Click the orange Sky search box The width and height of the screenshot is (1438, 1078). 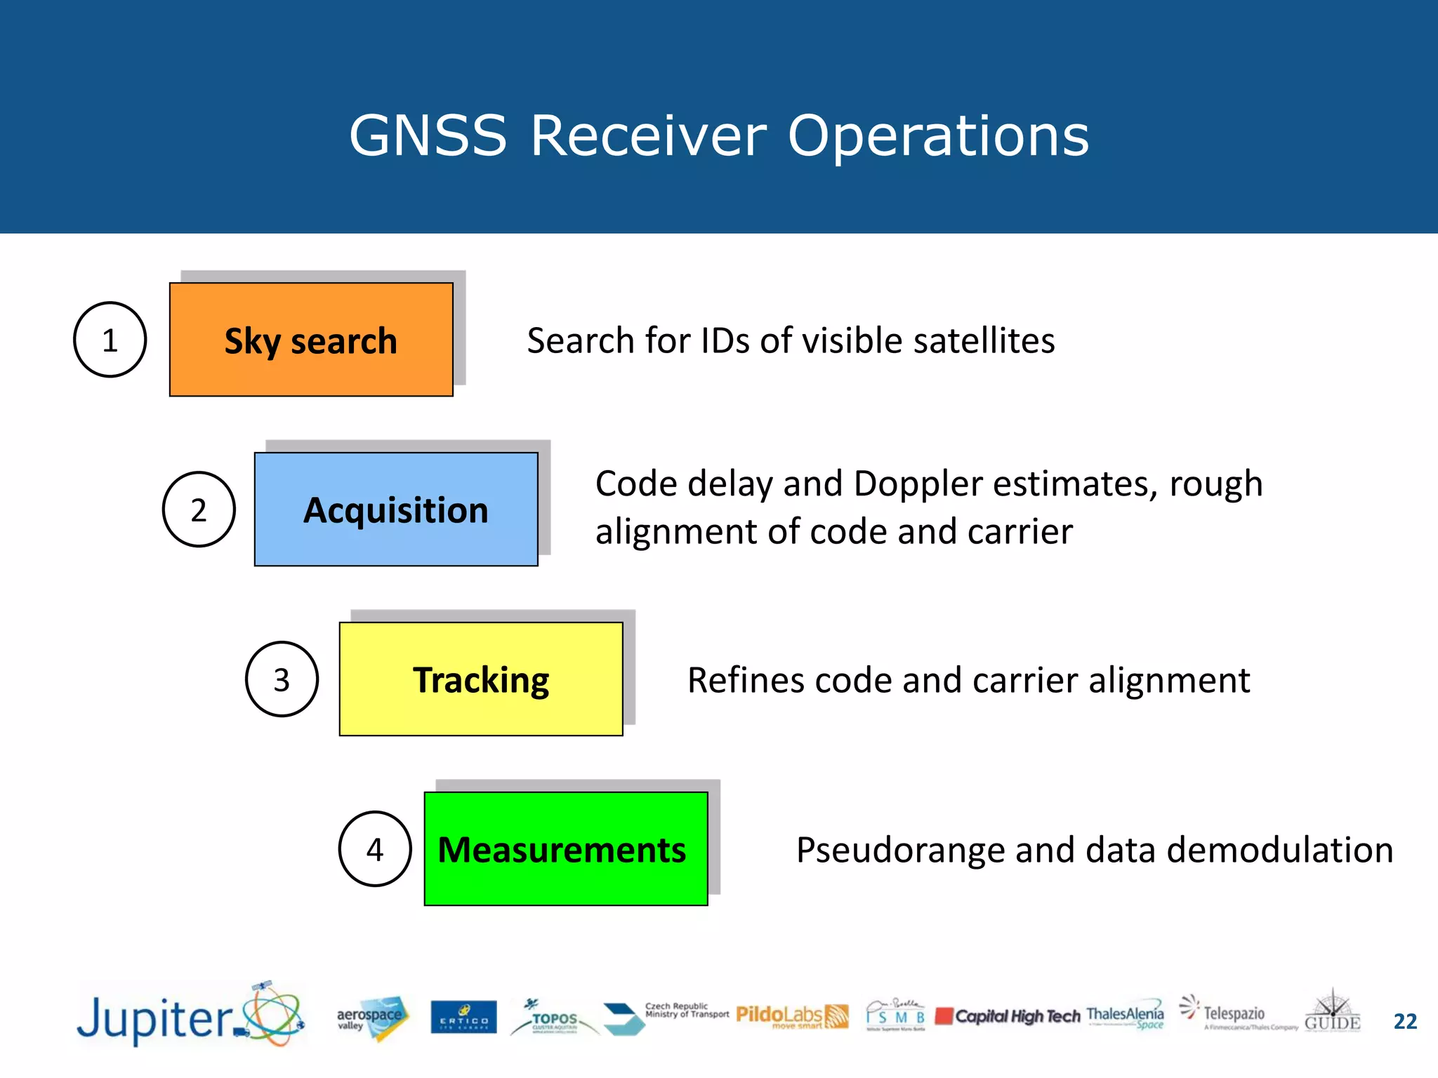311,340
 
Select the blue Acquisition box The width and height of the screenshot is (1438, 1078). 396,510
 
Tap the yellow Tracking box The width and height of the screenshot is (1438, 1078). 481,679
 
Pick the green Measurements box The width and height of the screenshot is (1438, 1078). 566,849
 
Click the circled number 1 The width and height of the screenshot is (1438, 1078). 110,340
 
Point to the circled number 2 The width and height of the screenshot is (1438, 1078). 199,510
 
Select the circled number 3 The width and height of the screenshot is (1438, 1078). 282,679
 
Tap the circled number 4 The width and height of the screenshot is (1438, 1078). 375,849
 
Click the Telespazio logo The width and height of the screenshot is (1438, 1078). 1234,1015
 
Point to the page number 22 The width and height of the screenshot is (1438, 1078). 1405,1021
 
